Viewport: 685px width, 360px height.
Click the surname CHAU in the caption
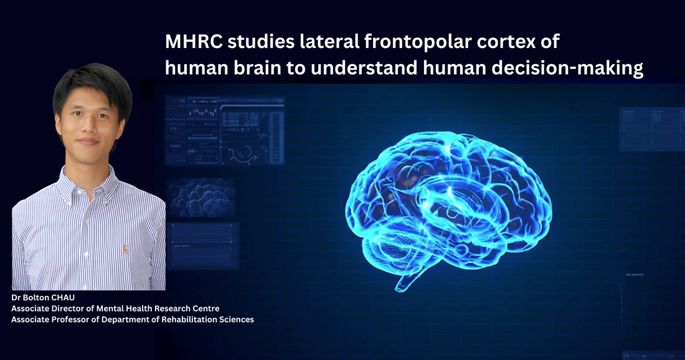pyautogui.click(x=64, y=298)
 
